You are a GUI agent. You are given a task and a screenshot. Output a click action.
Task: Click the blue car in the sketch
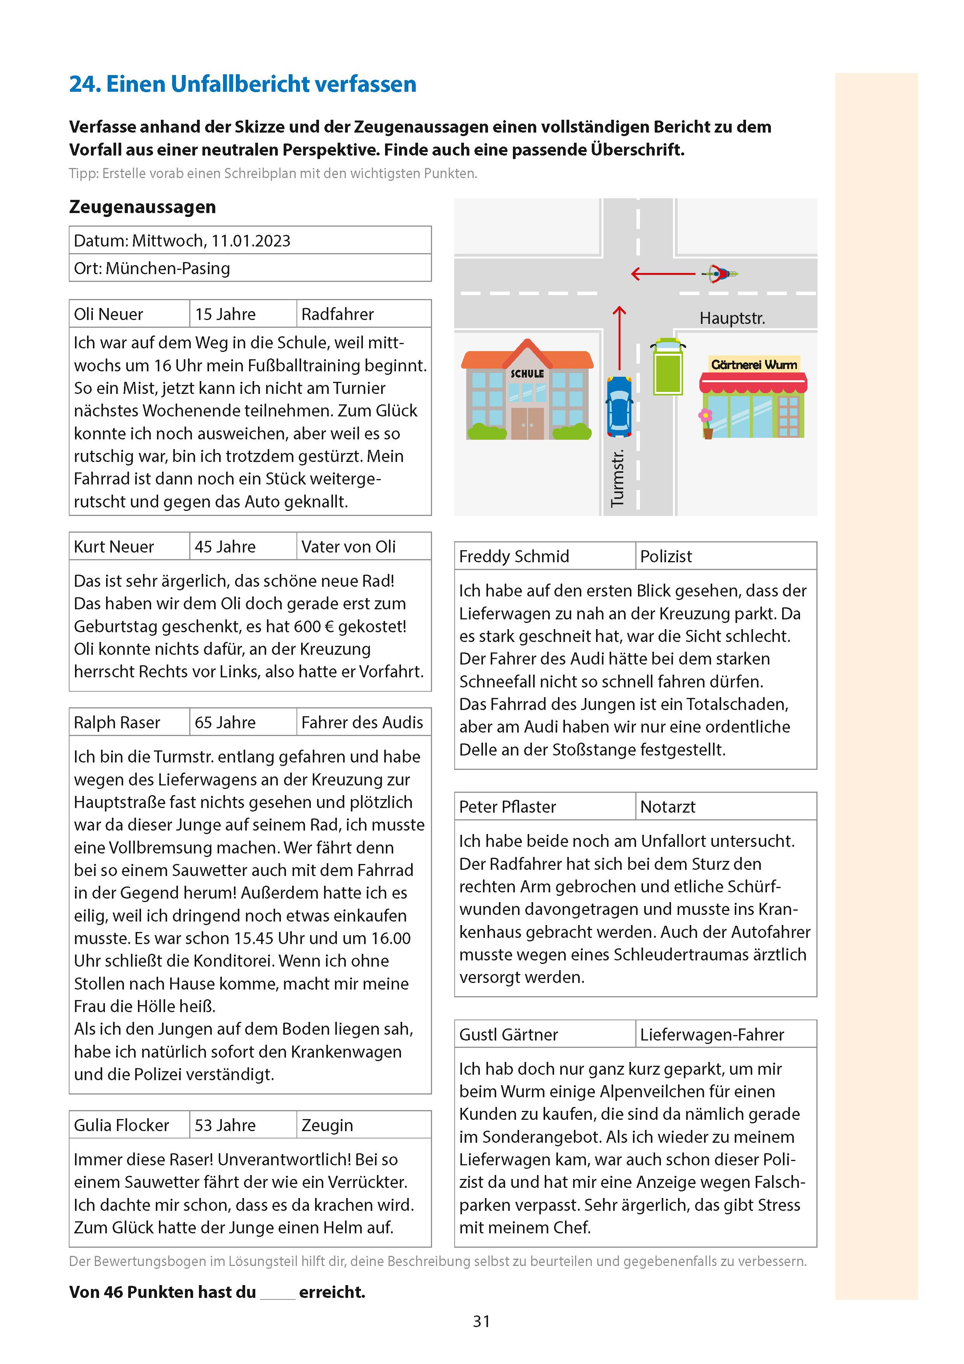pyautogui.click(x=619, y=406)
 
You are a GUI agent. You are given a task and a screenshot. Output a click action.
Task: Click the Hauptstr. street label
pyautogui.click(x=732, y=318)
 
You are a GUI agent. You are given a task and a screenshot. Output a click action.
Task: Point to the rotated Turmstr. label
pyautogui.click(x=618, y=478)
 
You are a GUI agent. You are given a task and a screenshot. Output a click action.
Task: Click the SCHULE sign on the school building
pyautogui.click(x=527, y=374)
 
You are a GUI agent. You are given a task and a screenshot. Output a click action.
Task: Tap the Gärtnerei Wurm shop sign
pyautogui.click(x=754, y=364)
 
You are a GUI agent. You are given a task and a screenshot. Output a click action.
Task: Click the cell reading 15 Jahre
pyautogui.click(x=226, y=314)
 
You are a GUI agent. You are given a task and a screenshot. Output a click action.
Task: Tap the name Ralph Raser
pyautogui.click(x=117, y=722)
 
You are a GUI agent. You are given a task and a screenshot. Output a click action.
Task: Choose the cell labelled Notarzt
pyautogui.click(x=668, y=807)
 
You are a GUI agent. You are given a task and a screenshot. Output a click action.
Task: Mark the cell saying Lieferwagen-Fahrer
pyautogui.click(x=712, y=1034)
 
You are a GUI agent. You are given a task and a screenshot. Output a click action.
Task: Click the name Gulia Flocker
pyautogui.click(x=121, y=1125)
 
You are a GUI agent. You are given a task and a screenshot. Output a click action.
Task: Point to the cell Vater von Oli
pyautogui.click(x=349, y=547)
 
